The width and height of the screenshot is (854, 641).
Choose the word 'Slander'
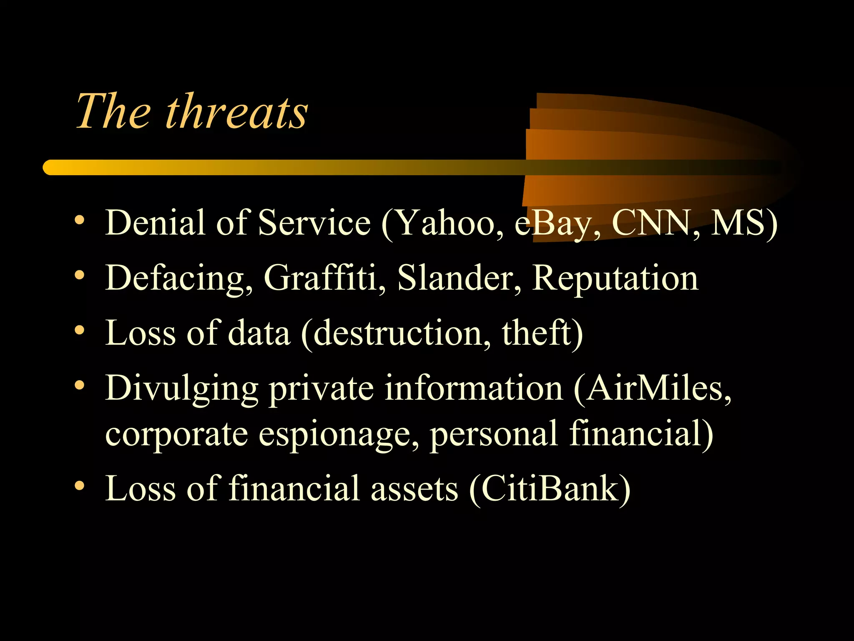pyautogui.click(x=455, y=278)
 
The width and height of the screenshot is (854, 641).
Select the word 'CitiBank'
pyautogui.click(x=550, y=488)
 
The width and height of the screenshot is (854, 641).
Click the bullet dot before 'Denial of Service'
pyautogui.click(x=80, y=220)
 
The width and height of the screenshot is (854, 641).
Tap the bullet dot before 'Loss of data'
pyautogui.click(x=80, y=330)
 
